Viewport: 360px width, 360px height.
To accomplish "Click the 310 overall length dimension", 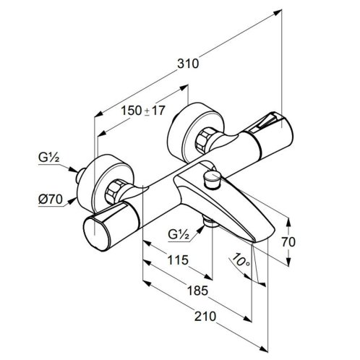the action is (188, 64).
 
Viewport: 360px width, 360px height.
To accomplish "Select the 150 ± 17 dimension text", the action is (142, 111).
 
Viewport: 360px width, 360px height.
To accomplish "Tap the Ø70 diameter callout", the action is (51, 200).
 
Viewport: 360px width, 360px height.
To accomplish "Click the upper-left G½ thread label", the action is (48, 158).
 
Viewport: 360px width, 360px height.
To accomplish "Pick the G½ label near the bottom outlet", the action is (179, 234).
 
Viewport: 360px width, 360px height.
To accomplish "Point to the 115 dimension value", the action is (178, 260).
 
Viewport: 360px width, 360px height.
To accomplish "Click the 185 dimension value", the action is (197, 291).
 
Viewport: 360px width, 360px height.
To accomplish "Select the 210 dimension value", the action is (205, 317).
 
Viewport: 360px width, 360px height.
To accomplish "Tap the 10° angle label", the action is (241, 260).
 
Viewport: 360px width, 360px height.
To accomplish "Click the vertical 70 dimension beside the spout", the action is (288, 242).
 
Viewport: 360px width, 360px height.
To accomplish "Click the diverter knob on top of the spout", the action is (213, 179).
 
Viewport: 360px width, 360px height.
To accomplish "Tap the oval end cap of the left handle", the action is (95, 233).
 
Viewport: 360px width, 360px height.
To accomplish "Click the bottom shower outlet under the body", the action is (211, 222).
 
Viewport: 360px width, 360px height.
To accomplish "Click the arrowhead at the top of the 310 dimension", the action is (278, 12).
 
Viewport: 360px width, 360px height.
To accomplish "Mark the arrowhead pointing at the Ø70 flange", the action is (72, 201).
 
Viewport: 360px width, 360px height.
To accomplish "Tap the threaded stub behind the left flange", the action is (80, 176).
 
